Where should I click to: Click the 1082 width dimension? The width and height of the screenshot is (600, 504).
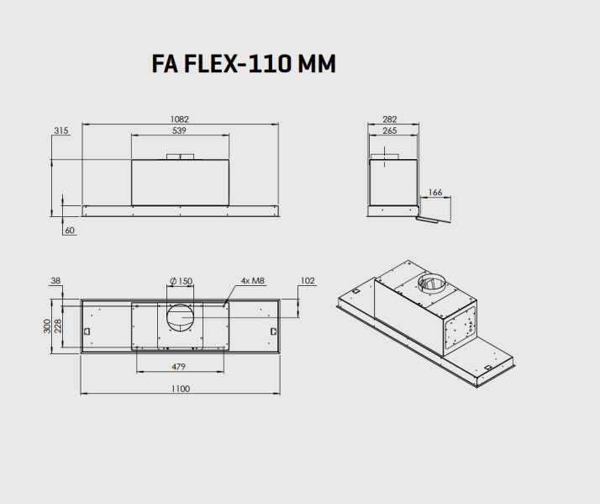[179, 119]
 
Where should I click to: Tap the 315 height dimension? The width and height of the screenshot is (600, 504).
[61, 130]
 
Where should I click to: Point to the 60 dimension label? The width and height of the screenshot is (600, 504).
[69, 231]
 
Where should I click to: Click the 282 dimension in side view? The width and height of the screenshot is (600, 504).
[388, 119]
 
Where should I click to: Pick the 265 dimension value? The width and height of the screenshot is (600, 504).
[388, 130]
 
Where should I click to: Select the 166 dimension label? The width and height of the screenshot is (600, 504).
[435, 193]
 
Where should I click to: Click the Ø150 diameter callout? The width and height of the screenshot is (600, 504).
[181, 281]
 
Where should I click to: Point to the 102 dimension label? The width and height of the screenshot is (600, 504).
[307, 281]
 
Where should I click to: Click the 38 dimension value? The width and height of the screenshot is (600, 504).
[56, 281]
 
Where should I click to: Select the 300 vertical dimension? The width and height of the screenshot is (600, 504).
[47, 326]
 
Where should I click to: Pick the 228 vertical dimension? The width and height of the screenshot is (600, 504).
[58, 326]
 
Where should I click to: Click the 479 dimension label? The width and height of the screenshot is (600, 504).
[178, 367]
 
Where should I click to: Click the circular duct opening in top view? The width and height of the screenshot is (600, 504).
[179, 319]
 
